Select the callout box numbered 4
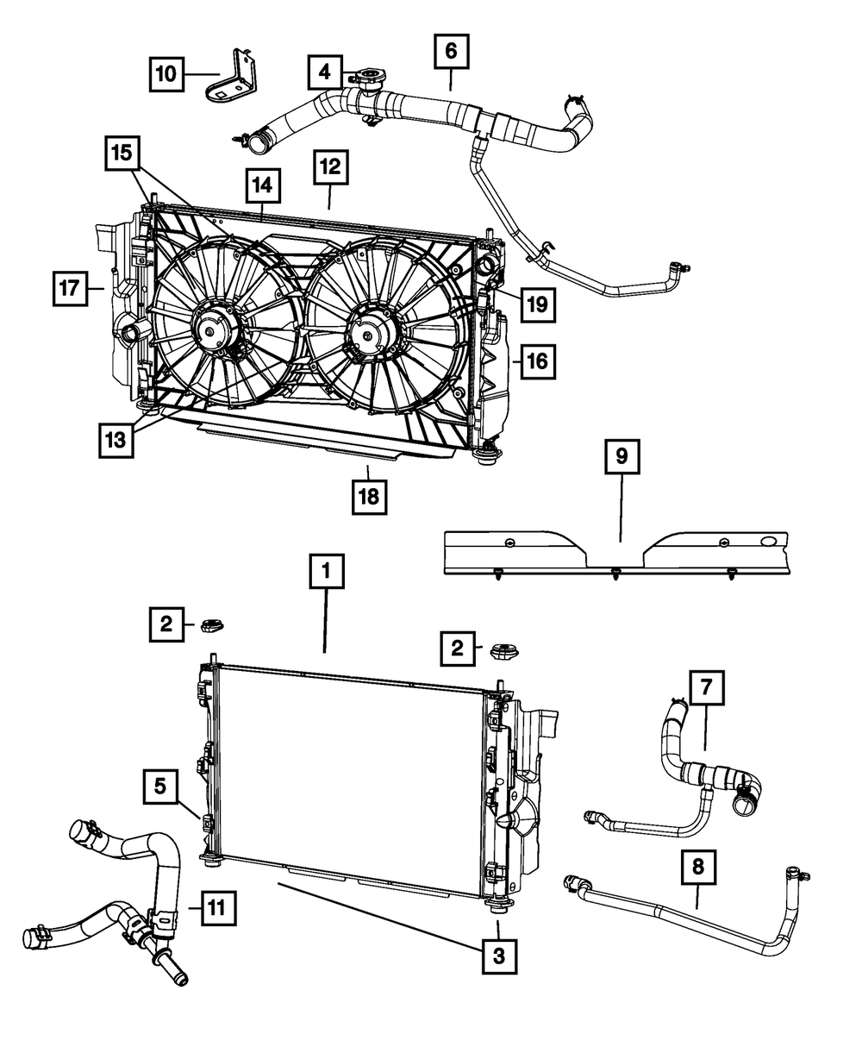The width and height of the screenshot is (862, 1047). pos(324,72)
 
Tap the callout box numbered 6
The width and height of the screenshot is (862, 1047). pos(450,51)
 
